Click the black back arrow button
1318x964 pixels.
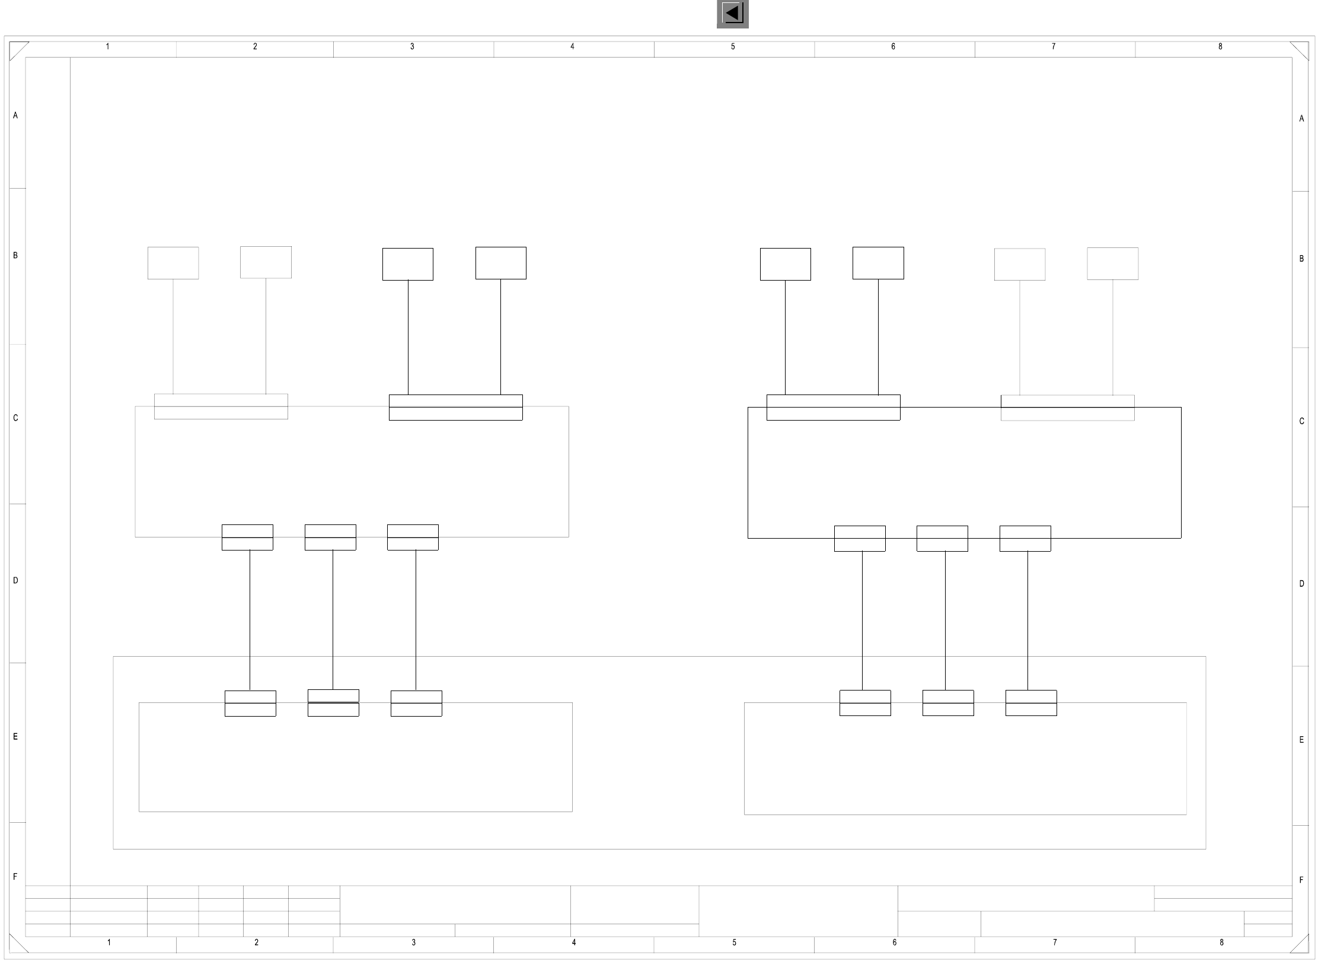point(732,14)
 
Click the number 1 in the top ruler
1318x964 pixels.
point(107,46)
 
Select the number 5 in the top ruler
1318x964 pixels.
point(733,46)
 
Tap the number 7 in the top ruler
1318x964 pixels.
point(1054,46)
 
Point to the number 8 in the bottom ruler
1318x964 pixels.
point(1221,942)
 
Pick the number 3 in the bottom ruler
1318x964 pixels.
point(414,942)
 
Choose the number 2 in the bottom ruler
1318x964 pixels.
point(257,942)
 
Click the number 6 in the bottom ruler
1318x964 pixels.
point(895,942)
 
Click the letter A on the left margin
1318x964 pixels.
point(15,116)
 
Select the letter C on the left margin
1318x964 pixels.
point(15,418)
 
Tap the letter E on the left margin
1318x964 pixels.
point(15,737)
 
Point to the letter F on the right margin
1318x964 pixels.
point(1301,880)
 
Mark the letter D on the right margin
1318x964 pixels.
point(1301,584)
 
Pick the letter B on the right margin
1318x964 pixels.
point(1301,259)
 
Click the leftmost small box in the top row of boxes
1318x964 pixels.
point(173,263)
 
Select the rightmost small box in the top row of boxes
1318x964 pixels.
point(1112,263)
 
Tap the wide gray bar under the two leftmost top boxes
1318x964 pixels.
point(221,406)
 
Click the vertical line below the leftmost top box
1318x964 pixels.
point(173,336)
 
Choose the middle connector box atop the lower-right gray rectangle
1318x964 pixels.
point(948,703)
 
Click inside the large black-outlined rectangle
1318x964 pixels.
point(964,475)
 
